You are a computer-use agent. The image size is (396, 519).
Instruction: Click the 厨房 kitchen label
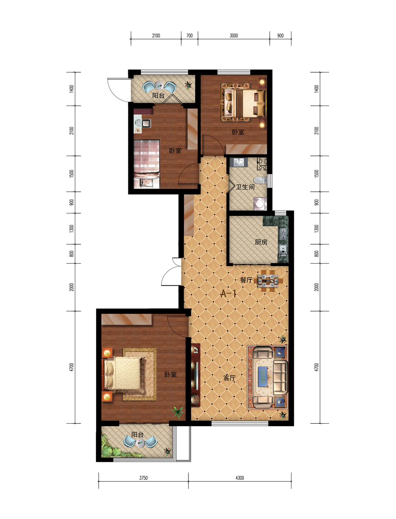coord(261,242)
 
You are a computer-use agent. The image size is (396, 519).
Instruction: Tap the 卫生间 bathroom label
coord(245,187)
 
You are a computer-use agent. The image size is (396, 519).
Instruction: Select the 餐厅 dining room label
coord(246,280)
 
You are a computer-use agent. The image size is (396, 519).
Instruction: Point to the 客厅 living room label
coord(229,378)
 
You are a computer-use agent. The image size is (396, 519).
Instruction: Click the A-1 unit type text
coord(228,294)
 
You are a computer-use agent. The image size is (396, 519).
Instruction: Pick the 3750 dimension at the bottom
coord(143,478)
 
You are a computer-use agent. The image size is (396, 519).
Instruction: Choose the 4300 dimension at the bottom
coord(240,478)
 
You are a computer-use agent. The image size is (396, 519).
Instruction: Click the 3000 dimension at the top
coord(234,36)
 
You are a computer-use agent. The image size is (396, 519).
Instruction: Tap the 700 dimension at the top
coord(189,36)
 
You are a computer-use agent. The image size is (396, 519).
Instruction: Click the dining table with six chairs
coord(268,281)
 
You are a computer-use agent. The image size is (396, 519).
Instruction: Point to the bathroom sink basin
coord(239,162)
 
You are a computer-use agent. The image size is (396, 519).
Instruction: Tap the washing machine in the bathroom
coord(260,204)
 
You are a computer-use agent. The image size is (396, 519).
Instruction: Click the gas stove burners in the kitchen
coord(283,233)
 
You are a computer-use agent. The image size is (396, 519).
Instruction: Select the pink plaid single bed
coord(147,164)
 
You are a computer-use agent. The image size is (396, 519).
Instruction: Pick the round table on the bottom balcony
coord(140,442)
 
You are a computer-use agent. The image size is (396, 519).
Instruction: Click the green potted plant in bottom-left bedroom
coord(178,411)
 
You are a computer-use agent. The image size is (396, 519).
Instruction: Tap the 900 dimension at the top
coord(280,36)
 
